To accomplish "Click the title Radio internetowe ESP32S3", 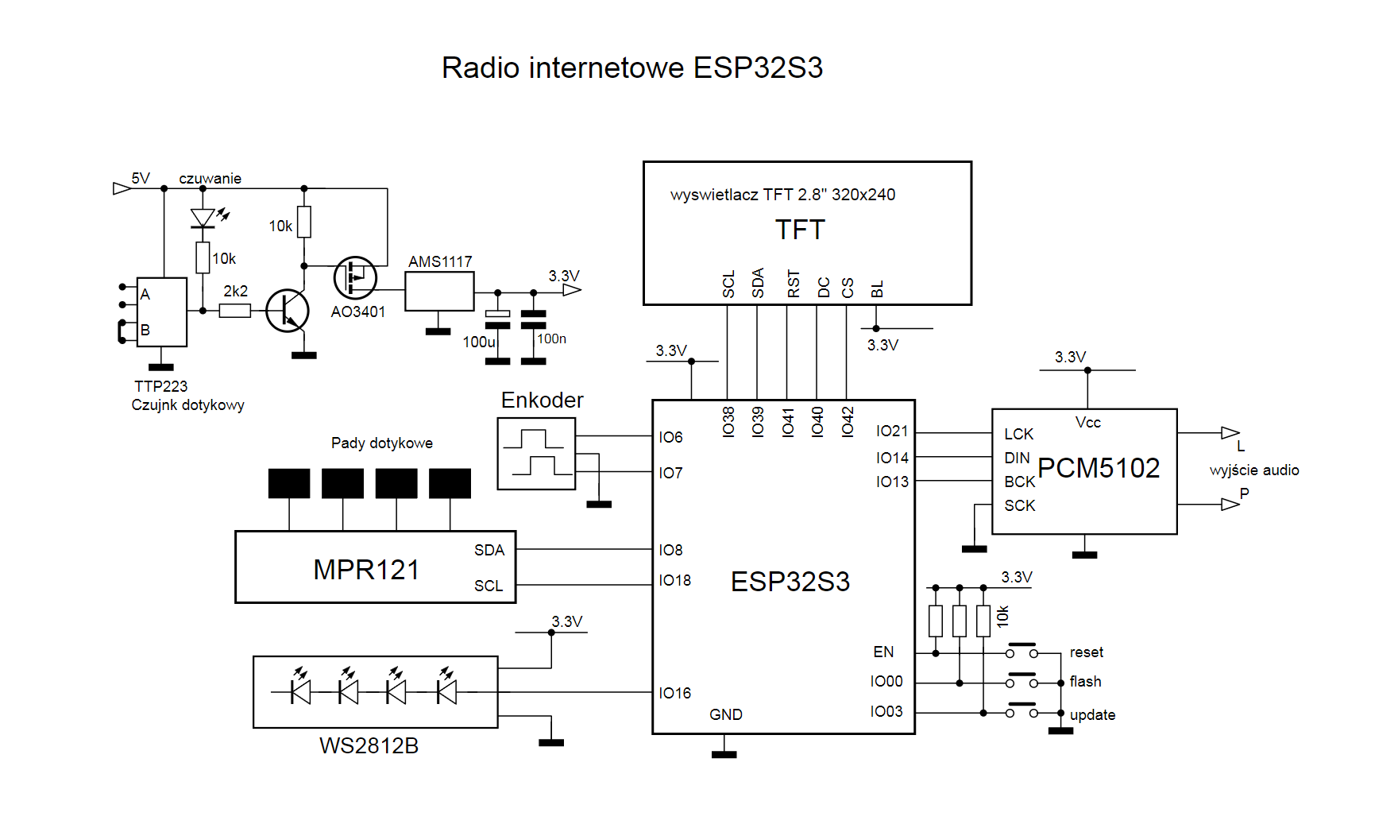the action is pyautogui.click(x=631, y=68).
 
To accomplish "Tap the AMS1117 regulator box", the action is pyautogui.click(x=439, y=291).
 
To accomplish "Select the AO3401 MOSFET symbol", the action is pyautogui.click(x=355, y=277).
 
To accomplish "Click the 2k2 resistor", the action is pyautogui.click(x=234, y=311).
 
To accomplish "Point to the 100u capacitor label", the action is pyautogui.click(x=479, y=342).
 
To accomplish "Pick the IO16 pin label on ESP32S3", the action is pyautogui.click(x=674, y=693).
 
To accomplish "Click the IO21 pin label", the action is pyautogui.click(x=892, y=431).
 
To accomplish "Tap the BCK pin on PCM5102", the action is pyautogui.click(x=1019, y=482).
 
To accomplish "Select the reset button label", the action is pyautogui.click(x=1086, y=652).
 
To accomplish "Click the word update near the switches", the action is pyautogui.click(x=1092, y=714).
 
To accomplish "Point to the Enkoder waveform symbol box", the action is pyautogui.click(x=536, y=454).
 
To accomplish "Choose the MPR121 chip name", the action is pyautogui.click(x=366, y=569).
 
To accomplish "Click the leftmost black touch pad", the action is pyautogui.click(x=289, y=483).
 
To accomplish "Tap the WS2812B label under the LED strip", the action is pyautogui.click(x=369, y=745).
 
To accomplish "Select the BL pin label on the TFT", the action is pyautogui.click(x=877, y=289).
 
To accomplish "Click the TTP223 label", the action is pyautogui.click(x=160, y=386).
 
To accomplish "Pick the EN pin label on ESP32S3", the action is pyautogui.click(x=883, y=652).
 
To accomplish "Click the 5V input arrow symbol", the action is pyautogui.click(x=122, y=188).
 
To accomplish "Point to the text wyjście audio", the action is pyautogui.click(x=1254, y=470).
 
